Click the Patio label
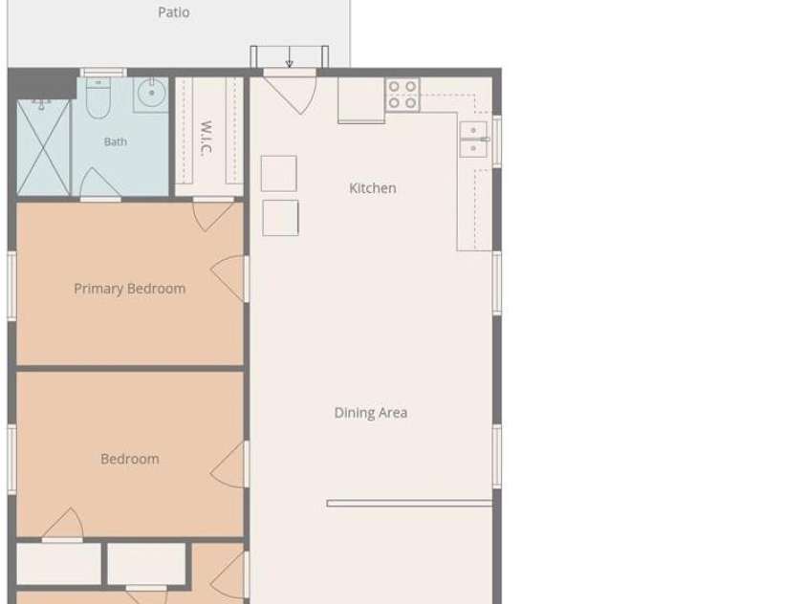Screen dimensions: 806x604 pyautogui.click(x=174, y=11)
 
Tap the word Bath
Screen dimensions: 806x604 pyautogui.click(x=115, y=141)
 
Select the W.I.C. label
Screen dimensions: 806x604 pyautogui.click(x=206, y=138)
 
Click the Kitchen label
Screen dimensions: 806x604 pyautogui.click(x=373, y=188)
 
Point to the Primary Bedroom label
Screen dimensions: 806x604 pyautogui.click(x=129, y=289)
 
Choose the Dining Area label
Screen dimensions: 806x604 pyautogui.click(x=371, y=413)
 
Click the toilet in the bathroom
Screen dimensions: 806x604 pyautogui.click(x=98, y=97)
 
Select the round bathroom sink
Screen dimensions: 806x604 pyautogui.click(x=151, y=94)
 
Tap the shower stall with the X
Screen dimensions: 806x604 pyautogui.click(x=43, y=147)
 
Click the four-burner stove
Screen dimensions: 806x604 pyautogui.click(x=403, y=95)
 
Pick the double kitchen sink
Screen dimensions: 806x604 pyautogui.click(x=473, y=140)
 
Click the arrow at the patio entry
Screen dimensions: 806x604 pyautogui.click(x=290, y=56)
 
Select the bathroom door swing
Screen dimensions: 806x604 pyautogui.click(x=99, y=182)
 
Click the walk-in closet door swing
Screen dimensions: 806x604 pyautogui.click(x=212, y=216)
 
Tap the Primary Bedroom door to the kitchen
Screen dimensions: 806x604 pyautogui.click(x=229, y=278)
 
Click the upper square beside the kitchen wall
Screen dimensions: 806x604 pyautogui.click(x=278, y=174)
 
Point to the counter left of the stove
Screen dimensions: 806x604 pyautogui.click(x=361, y=100)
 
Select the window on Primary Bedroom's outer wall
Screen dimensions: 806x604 pyautogui.click(x=11, y=286)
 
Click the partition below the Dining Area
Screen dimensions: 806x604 pyautogui.click(x=409, y=504)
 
